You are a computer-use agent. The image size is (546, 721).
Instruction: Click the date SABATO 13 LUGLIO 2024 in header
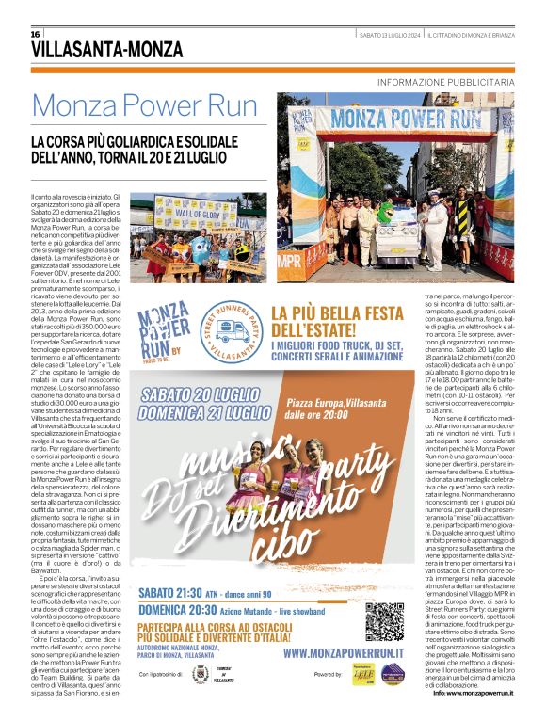(388, 35)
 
